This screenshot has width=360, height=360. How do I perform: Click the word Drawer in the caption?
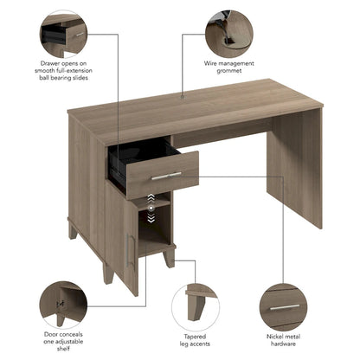49,63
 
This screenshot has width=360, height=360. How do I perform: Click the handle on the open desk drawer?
161,175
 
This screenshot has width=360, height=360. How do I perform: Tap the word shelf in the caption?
62,350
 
